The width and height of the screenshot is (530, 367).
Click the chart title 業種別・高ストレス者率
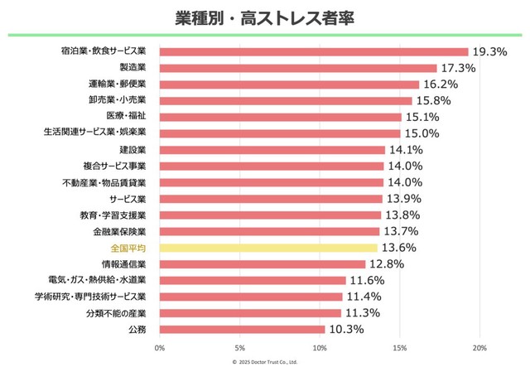[x=266, y=17]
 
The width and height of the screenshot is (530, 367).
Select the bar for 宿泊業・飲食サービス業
[x=313, y=51]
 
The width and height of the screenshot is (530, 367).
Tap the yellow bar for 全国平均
[x=267, y=248]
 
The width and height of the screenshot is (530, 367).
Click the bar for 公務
[x=242, y=329]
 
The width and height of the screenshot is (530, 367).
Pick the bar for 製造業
[x=297, y=68]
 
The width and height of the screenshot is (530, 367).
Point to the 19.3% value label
[x=489, y=51]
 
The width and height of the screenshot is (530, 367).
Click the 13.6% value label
[x=397, y=248]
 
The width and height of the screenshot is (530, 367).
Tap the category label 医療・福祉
[x=128, y=117]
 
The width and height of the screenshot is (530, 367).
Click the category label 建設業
[x=132, y=150]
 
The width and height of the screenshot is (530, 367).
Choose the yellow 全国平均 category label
[x=128, y=248]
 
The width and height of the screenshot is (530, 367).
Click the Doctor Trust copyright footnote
[x=264, y=362]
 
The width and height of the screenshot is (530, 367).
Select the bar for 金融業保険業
[x=268, y=231]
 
